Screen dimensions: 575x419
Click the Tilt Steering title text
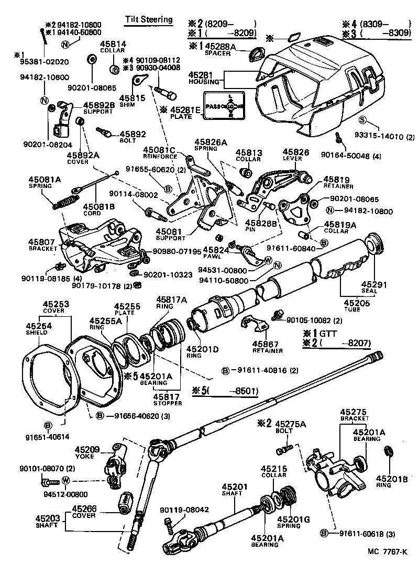pyautogui.click(x=148, y=20)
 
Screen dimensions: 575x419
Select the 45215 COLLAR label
pyautogui.click(x=274, y=471)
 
